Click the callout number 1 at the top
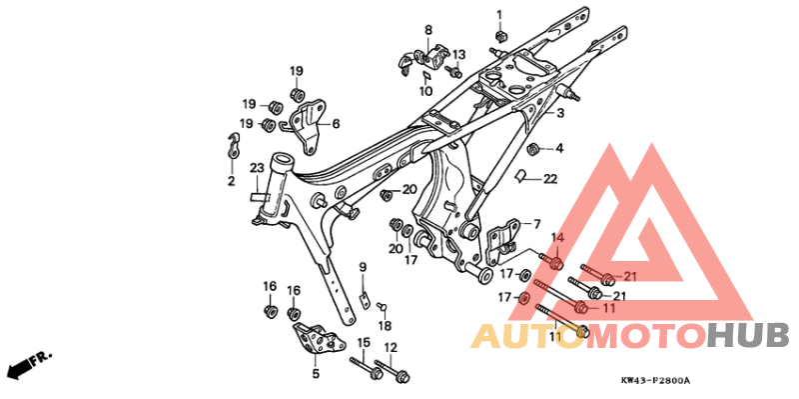coord(499,14)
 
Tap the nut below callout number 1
coord(500,38)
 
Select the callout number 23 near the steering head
coord(256,167)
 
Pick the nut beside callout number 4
coord(534,150)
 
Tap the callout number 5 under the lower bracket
coord(315,373)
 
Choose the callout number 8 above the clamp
coord(428,30)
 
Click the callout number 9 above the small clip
coord(364,267)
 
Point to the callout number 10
coord(425,91)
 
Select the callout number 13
coord(458,54)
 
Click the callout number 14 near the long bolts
coord(558,238)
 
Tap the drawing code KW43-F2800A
coord(655,380)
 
